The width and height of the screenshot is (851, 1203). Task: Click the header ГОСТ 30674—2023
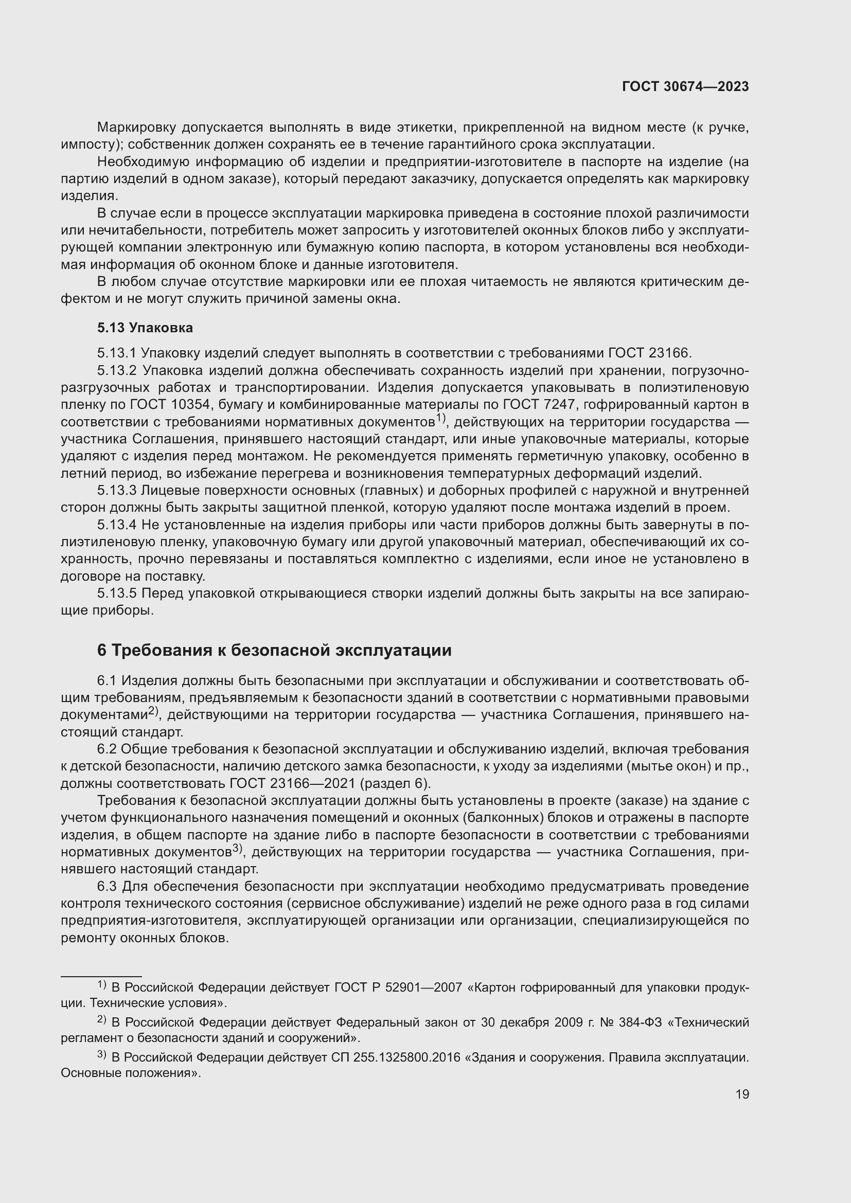(x=685, y=87)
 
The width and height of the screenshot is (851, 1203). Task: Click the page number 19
(x=742, y=1094)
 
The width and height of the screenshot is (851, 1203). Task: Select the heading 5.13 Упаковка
(x=145, y=328)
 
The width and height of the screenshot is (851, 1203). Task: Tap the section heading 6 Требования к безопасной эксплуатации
(x=274, y=650)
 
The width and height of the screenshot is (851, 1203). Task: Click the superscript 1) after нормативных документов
(x=440, y=418)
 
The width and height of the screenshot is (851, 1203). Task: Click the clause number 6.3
(x=108, y=887)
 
